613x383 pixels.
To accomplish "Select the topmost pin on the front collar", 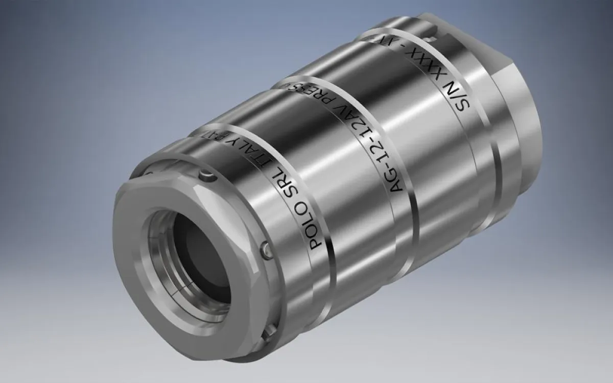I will pos(206,176).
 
